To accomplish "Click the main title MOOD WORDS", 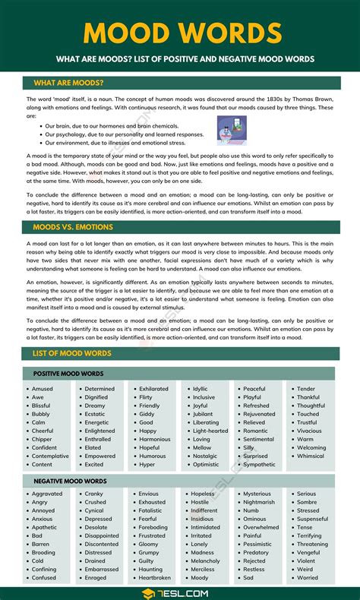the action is pyautogui.click(x=180, y=33).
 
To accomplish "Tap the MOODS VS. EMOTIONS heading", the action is pyautogui.click(x=73, y=227).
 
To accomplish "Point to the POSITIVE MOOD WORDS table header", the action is pyautogui.click(x=68, y=374).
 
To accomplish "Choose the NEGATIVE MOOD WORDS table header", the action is pyautogui.click(x=69, y=482).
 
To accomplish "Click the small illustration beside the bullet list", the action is pyautogui.click(x=232, y=131).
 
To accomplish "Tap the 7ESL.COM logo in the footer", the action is pyautogui.click(x=181, y=592).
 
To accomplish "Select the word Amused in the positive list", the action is pyautogui.click(x=43, y=389).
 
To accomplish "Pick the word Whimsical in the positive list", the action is pyautogui.click(x=311, y=456).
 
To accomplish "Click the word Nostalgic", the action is pyautogui.click(x=206, y=456).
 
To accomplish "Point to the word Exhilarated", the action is pyautogui.click(x=154, y=389).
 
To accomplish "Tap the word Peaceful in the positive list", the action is pyautogui.click(x=254, y=389).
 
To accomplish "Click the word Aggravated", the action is pyautogui.click(x=47, y=494).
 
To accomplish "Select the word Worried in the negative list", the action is pyautogui.click(x=308, y=578).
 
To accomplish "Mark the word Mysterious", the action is pyautogui.click(x=257, y=494).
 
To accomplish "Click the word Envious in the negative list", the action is pyautogui.click(x=149, y=494).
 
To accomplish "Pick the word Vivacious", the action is pyautogui.click(x=311, y=431).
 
